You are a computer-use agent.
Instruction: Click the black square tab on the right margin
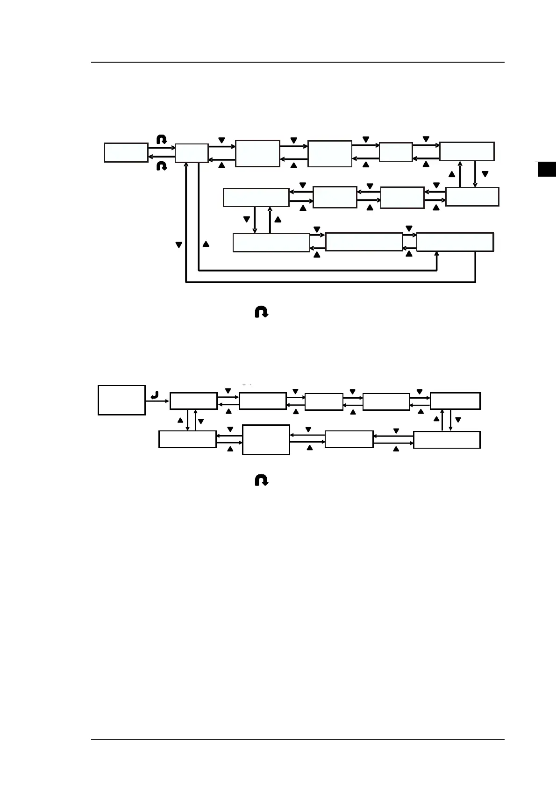pyautogui.click(x=547, y=169)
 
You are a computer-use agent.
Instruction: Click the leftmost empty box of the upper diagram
pyautogui.click(x=126, y=153)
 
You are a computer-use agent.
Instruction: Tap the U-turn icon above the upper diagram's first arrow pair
pyautogui.click(x=162, y=139)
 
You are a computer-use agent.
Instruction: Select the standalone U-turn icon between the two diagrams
pyautogui.click(x=262, y=312)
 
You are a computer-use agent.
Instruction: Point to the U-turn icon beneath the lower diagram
pyautogui.click(x=262, y=480)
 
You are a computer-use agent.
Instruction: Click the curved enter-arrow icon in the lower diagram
pyautogui.click(x=155, y=396)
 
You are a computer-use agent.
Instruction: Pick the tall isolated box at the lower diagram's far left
pyautogui.click(x=121, y=400)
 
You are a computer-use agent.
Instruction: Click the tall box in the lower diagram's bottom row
pyautogui.click(x=266, y=439)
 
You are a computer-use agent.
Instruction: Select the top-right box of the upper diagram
pyautogui.click(x=467, y=151)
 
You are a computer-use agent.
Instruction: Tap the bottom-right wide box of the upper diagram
pyautogui.click(x=455, y=242)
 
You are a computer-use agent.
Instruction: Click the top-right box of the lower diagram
pyautogui.click(x=455, y=401)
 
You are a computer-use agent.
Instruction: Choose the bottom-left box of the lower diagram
pyautogui.click(x=187, y=439)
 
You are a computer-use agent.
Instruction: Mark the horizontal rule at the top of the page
pyautogui.click(x=298, y=62)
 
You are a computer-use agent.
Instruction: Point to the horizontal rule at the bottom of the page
pyautogui.click(x=298, y=739)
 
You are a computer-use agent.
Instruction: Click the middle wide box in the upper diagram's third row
pyautogui.click(x=364, y=242)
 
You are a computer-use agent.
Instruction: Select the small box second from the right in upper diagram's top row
pyautogui.click(x=396, y=152)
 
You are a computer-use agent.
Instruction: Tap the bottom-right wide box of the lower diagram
pyautogui.click(x=447, y=440)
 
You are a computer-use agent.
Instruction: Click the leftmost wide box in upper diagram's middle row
pyautogui.click(x=256, y=197)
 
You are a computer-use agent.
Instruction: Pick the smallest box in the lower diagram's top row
pyautogui.click(x=324, y=401)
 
